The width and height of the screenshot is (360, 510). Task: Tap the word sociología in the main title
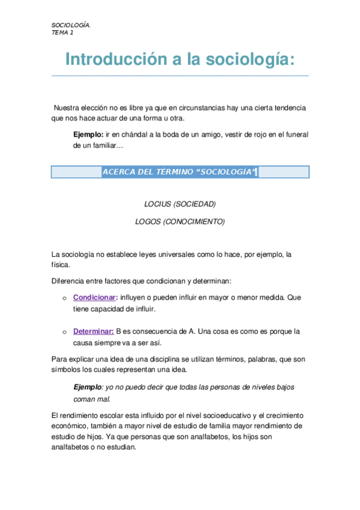tap(249, 60)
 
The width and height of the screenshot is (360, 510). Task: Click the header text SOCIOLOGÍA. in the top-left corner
tap(71, 25)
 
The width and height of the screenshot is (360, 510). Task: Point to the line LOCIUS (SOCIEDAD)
tap(180, 204)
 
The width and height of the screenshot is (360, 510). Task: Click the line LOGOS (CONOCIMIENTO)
tap(180, 221)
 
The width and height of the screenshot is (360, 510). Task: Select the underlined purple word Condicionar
tap(94, 298)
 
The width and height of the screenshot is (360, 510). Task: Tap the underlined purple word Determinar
tap(93, 331)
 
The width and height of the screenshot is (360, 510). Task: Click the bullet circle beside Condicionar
tap(64, 298)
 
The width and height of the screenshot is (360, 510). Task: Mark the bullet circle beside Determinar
tap(64, 332)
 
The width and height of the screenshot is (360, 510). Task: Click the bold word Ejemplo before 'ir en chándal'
tap(88, 135)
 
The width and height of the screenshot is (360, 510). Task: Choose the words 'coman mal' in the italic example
tap(91, 399)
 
